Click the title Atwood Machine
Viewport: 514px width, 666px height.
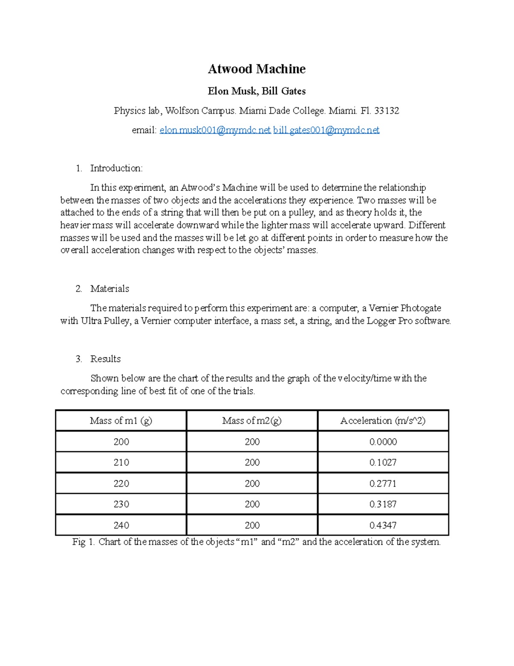coord(257,69)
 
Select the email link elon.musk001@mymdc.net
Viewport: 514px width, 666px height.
coord(215,130)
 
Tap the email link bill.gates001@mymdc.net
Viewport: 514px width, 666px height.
coord(326,130)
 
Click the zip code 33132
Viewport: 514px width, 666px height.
coord(386,111)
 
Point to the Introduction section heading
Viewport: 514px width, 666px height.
coord(116,168)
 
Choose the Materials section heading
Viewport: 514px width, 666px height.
coord(110,289)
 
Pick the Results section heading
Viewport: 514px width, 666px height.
coord(105,359)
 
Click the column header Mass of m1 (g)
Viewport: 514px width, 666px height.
coord(121,421)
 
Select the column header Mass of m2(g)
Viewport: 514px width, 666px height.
coord(252,421)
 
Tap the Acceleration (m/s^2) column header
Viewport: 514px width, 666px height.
coord(383,421)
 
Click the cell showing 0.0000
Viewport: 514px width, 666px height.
coord(383,442)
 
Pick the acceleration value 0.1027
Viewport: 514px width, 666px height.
coord(383,462)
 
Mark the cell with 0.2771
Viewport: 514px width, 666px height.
coord(383,483)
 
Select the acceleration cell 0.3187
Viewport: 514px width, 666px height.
coord(383,504)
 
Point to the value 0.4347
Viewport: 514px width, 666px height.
coord(383,525)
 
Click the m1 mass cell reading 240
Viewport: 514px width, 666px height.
coord(121,525)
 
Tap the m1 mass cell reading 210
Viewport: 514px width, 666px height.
coord(121,462)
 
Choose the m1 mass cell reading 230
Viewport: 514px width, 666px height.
coord(121,504)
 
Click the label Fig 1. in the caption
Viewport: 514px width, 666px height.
coord(84,542)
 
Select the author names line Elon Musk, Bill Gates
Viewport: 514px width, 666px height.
coord(257,91)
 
